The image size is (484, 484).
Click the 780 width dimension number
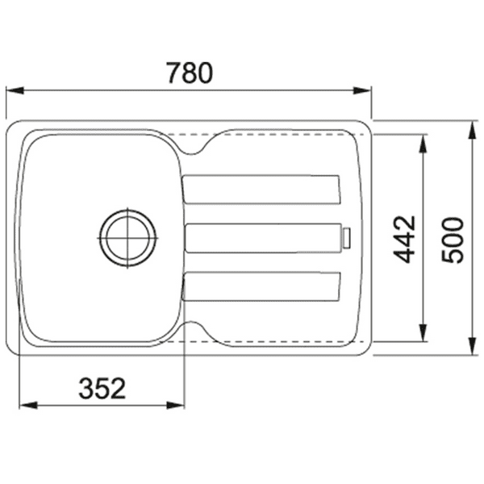(190, 73)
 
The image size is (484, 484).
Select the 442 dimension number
(406, 238)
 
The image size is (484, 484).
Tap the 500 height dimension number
(453, 239)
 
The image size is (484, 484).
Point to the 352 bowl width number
(102, 389)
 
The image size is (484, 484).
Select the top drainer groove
(262, 190)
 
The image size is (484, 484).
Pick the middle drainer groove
(262, 239)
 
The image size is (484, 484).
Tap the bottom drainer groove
(262, 286)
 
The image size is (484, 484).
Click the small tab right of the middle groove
(345, 238)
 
